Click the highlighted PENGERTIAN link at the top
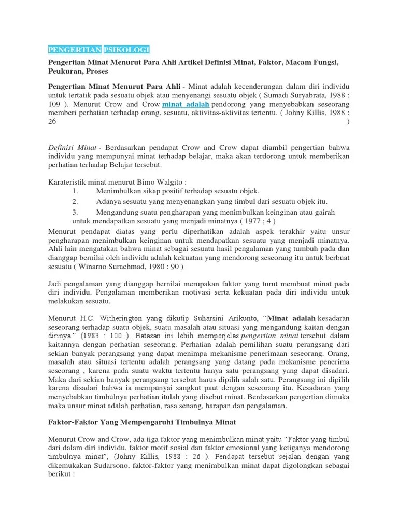coord(74,49)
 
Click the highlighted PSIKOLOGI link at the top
coord(126,49)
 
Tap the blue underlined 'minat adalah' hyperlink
coord(186,104)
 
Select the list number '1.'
coord(75,191)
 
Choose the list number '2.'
coord(75,201)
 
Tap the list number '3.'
coord(75,212)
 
